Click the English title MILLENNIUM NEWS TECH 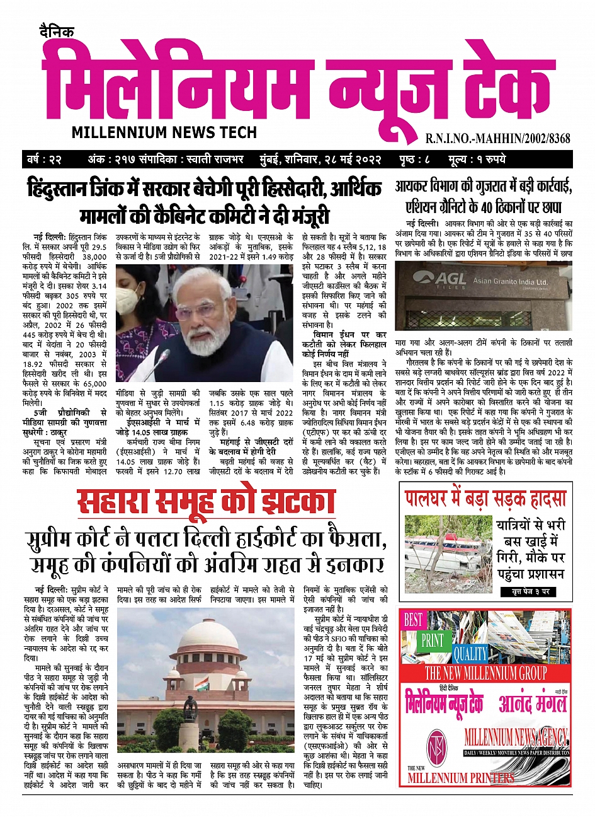(164, 132)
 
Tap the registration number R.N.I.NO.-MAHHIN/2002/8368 (497, 138)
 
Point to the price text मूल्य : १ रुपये (477, 159)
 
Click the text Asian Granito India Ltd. (510, 281)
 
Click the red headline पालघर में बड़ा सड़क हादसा (485, 499)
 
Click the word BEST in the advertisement (413, 620)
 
